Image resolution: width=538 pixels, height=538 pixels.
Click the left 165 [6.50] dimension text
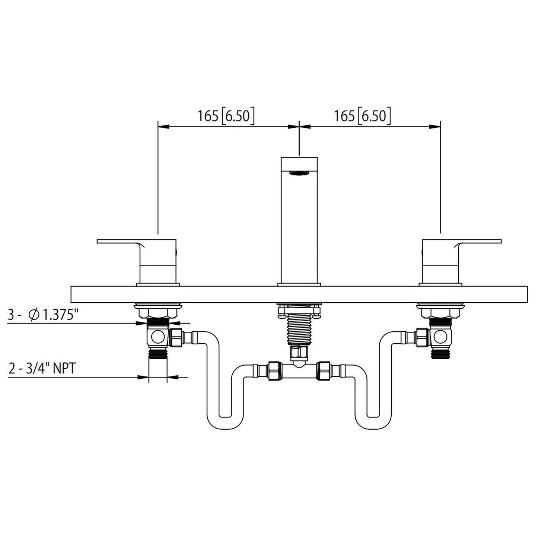[x=226, y=116]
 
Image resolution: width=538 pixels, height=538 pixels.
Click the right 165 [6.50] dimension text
[x=362, y=116]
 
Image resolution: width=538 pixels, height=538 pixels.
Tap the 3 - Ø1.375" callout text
[x=43, y=316]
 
